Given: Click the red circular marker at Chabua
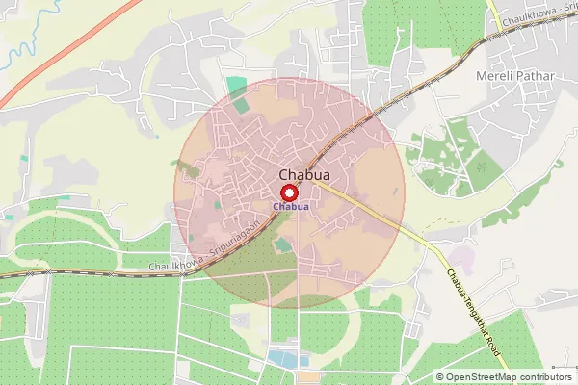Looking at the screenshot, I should (289, 192).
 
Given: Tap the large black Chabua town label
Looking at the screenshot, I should (299, 174).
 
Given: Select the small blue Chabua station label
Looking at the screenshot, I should (290, 207).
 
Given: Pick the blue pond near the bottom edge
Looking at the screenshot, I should (282, 359).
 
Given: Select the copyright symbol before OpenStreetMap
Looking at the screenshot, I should (440, 376).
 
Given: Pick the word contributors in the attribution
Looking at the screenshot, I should (543, 376).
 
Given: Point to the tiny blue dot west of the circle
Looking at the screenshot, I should (9, 218).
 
